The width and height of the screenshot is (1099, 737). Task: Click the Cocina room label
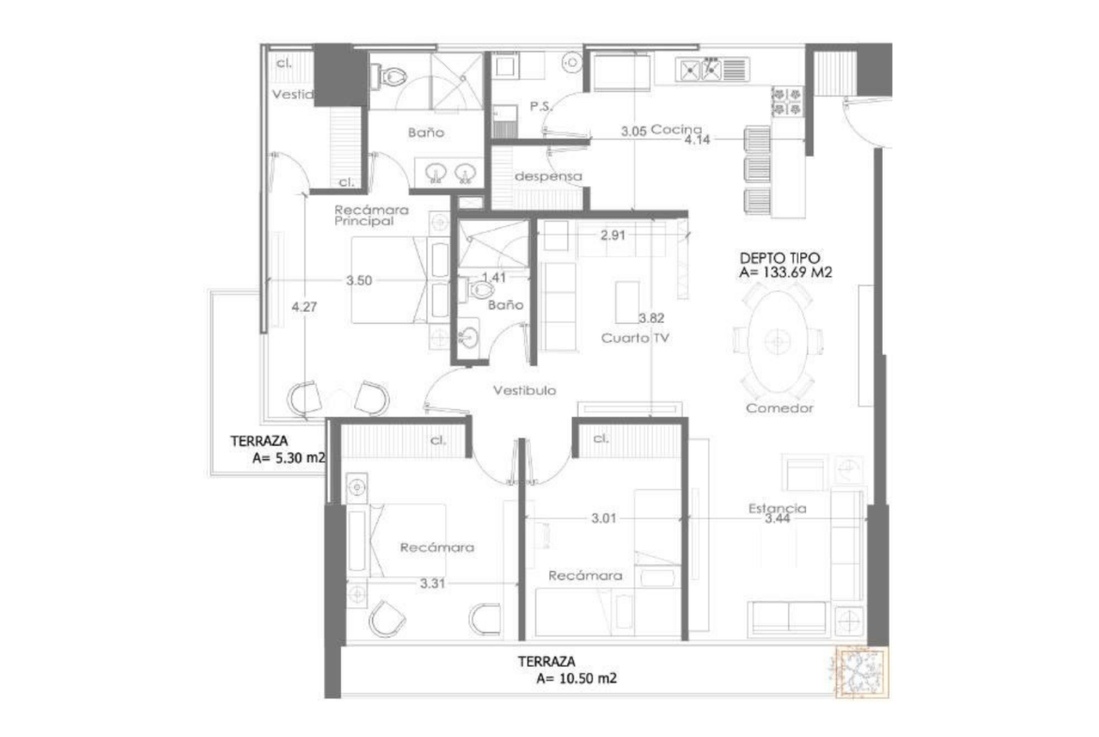[676, 130]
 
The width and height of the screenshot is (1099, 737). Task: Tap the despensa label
[549, 176]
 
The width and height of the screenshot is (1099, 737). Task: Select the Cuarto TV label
[635, 338]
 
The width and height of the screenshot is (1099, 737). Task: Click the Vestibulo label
[524, 391]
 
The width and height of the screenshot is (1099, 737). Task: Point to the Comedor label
[780, 407]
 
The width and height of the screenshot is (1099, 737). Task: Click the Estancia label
[778, 508]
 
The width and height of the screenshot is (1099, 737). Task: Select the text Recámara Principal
[371, 215]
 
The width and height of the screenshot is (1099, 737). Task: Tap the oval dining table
[778, 342]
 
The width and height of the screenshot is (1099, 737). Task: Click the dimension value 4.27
[304, 307]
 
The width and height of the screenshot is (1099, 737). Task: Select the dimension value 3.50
[359, 280]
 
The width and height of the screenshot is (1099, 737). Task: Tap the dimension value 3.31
[432, 583]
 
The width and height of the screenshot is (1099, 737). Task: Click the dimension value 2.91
[612, 236]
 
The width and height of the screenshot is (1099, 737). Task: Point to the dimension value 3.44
[778, 518]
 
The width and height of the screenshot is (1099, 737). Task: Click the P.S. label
[541, 106]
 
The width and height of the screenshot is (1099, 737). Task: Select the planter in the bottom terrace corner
[861, 671]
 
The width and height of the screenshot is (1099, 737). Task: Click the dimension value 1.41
[493, 277]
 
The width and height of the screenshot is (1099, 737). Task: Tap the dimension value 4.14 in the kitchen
[697, 139]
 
